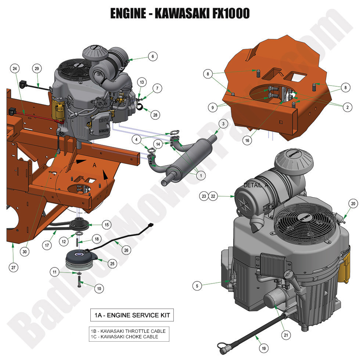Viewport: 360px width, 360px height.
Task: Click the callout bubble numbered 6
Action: pos(152,57)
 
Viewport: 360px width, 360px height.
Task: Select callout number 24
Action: pos(15,68)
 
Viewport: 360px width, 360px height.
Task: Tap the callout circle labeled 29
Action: pos(37,68)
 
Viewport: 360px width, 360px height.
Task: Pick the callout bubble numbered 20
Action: pos(353,204)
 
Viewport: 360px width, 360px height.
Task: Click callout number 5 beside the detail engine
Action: pos(197,285)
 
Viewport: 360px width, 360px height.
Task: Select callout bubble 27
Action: pos(14,267)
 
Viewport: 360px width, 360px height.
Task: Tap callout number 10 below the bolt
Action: pos(99,289)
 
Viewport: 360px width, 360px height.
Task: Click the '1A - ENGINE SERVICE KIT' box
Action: pos(132,315)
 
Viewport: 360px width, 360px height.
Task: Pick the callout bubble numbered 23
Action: pos(204,197)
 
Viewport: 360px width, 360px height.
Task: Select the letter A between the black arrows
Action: pos(94,166)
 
